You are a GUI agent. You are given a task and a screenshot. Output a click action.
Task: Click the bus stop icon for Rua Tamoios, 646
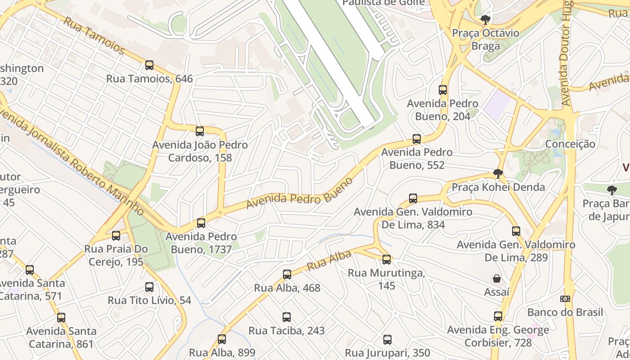(x=149, y=65)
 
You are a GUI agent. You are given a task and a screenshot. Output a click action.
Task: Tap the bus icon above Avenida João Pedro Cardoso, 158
(x=200, y=131)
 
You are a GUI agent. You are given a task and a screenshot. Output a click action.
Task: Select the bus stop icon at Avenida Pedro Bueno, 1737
(x=201, y=223)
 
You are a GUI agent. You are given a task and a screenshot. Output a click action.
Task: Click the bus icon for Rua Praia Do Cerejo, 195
(x=116, y=235)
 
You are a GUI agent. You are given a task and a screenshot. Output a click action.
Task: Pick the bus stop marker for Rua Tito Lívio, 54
(x=149, y=287)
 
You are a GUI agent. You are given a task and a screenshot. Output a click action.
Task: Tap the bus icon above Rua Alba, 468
(x=287, y=274)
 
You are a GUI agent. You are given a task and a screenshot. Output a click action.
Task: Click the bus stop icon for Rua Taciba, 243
(x=287, y=317)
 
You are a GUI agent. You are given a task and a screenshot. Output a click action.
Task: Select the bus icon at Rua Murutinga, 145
(x=387, y=260)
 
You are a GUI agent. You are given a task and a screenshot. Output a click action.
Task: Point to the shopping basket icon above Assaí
(x=497, y=279)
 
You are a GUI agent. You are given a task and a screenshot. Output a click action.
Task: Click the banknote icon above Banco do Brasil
(x=565, y=299)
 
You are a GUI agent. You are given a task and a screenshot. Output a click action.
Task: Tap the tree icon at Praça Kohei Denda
(x=498, y=174)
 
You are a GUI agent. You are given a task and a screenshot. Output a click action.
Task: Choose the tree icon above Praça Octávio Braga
(x=485, y=20)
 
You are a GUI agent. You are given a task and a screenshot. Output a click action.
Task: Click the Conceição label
(x=570, y=144)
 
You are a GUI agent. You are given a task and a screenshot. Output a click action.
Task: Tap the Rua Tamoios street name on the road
(x=94, y=35)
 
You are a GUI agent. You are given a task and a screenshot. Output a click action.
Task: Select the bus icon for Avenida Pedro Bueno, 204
(x=443, y=90)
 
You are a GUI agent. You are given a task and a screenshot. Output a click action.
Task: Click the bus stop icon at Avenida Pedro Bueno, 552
(x=417, y=139)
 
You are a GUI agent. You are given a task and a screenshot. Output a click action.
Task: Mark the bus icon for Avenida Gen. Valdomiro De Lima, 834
(x=413, y=198)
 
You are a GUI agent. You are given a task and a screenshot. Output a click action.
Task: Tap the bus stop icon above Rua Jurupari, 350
(x=387, y=340)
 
